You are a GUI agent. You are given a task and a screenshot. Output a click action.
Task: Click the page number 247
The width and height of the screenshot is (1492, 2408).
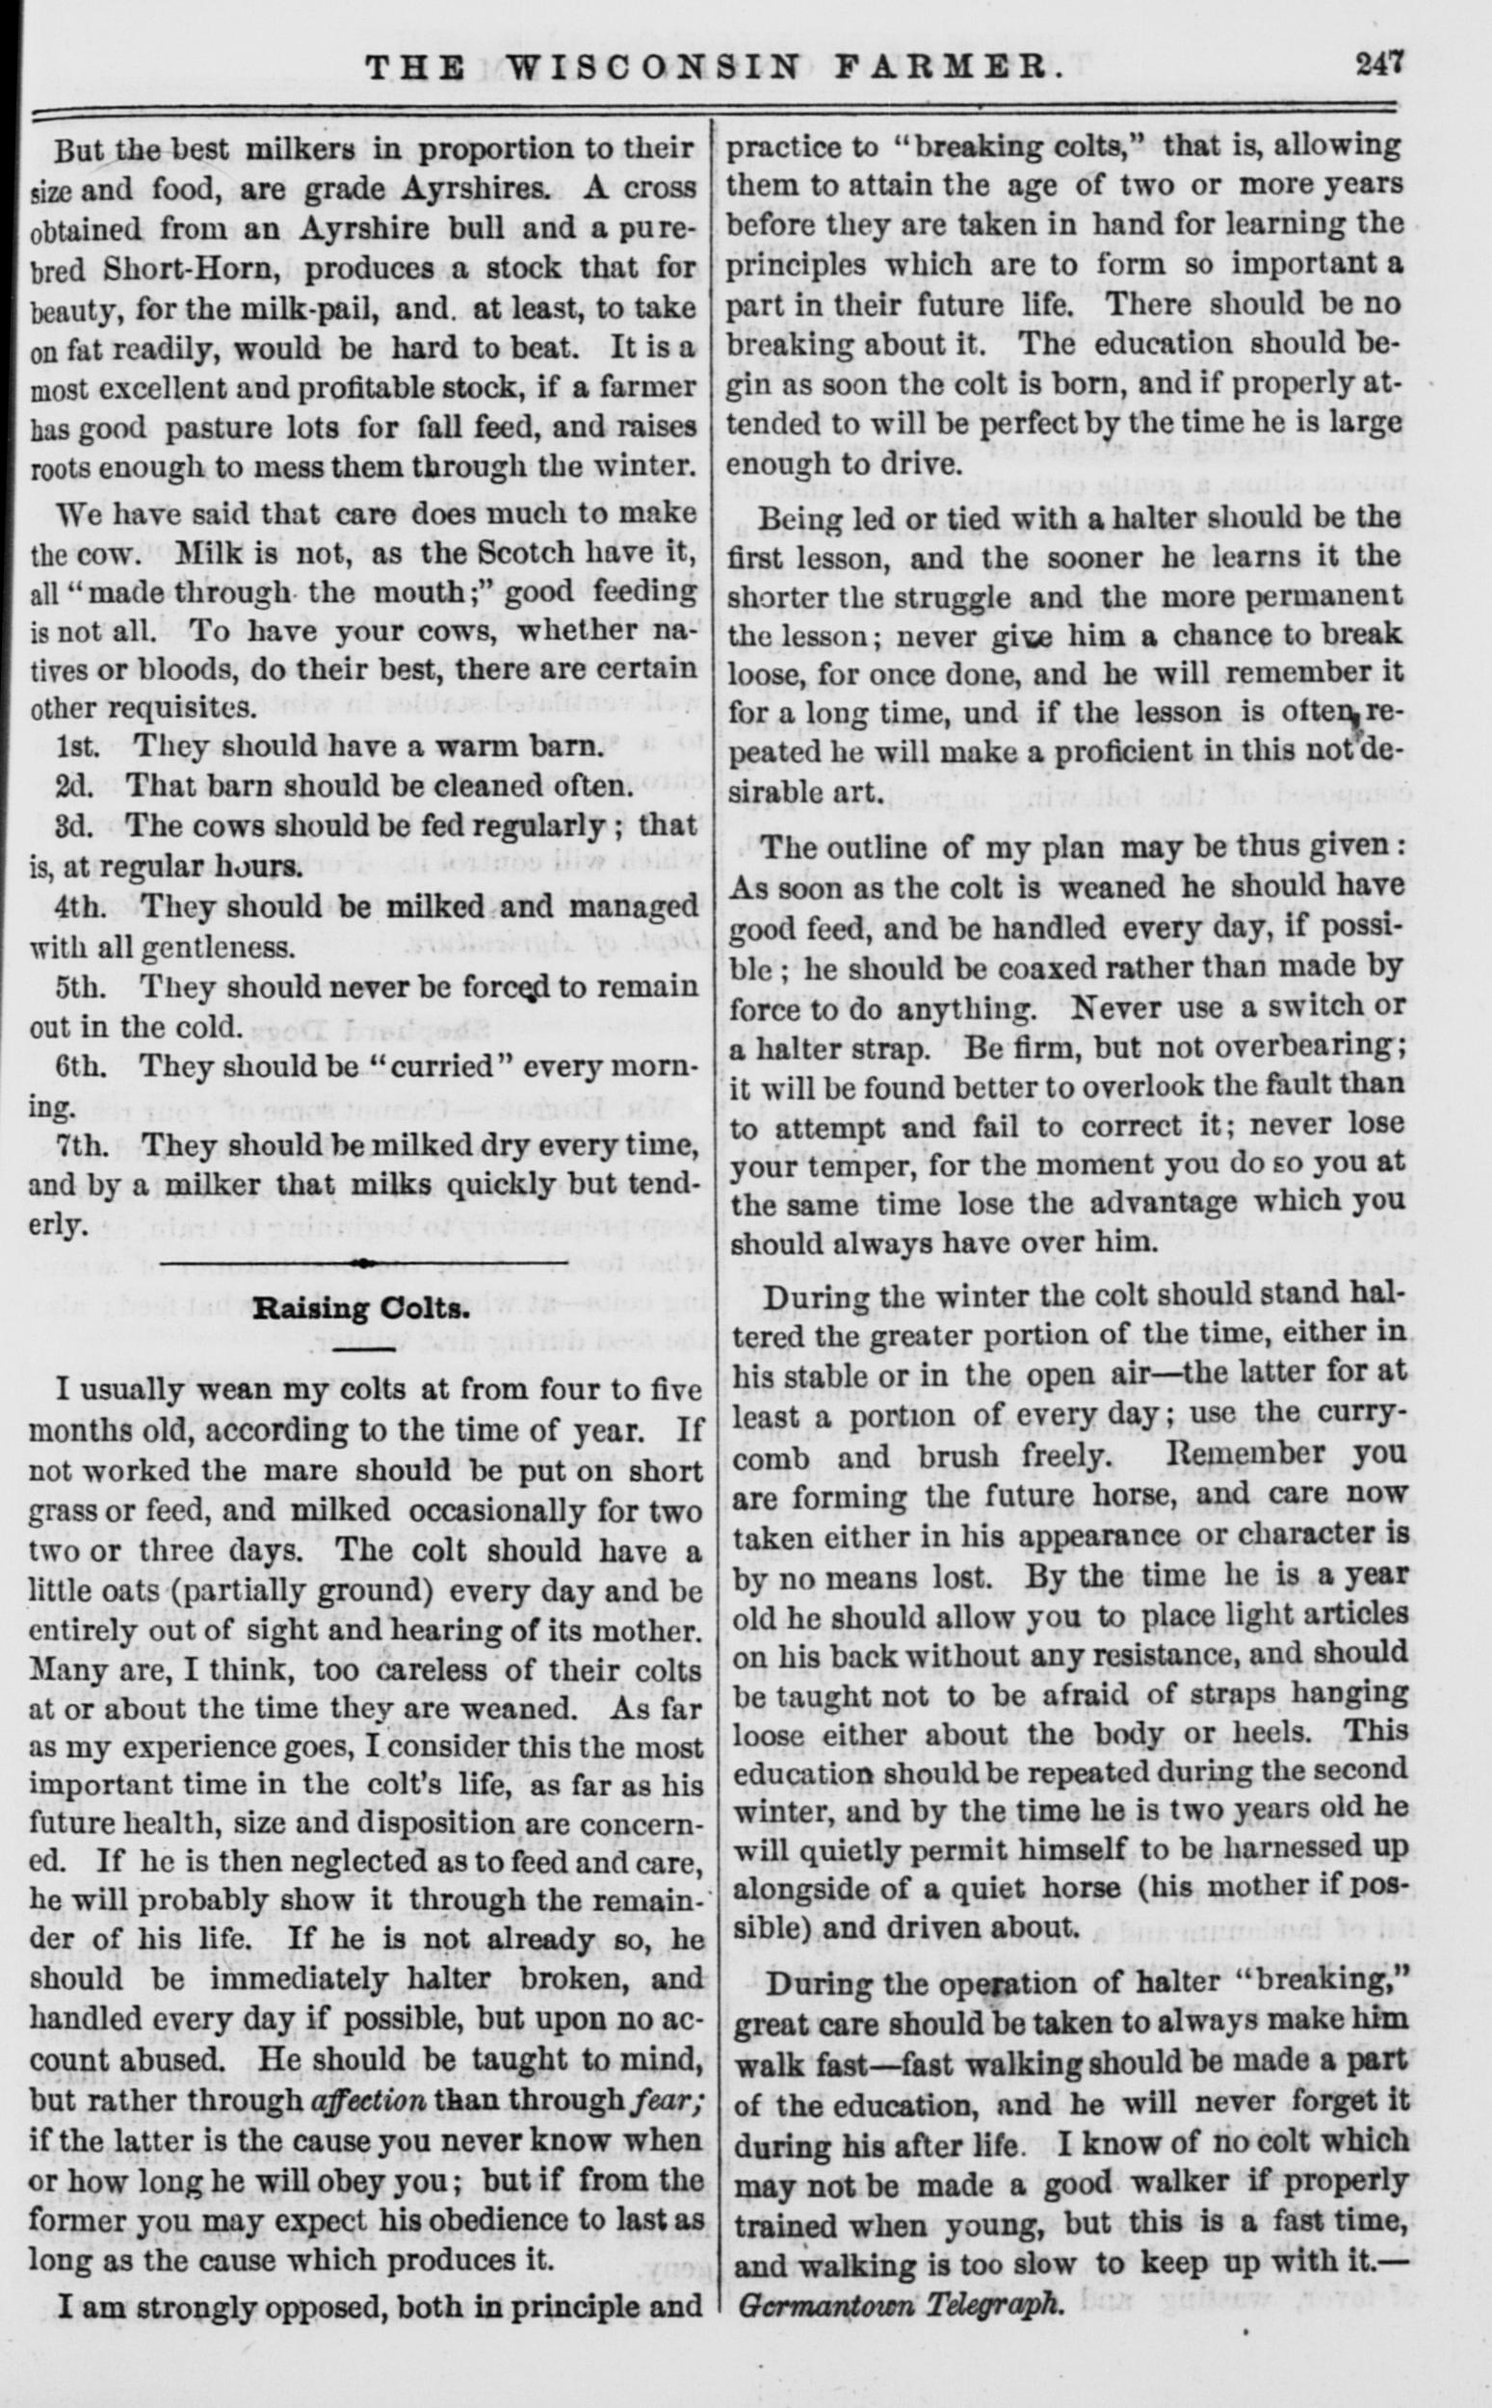pos(1378,67)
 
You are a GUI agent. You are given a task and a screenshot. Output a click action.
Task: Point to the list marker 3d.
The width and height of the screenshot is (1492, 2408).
pos(73,825)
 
